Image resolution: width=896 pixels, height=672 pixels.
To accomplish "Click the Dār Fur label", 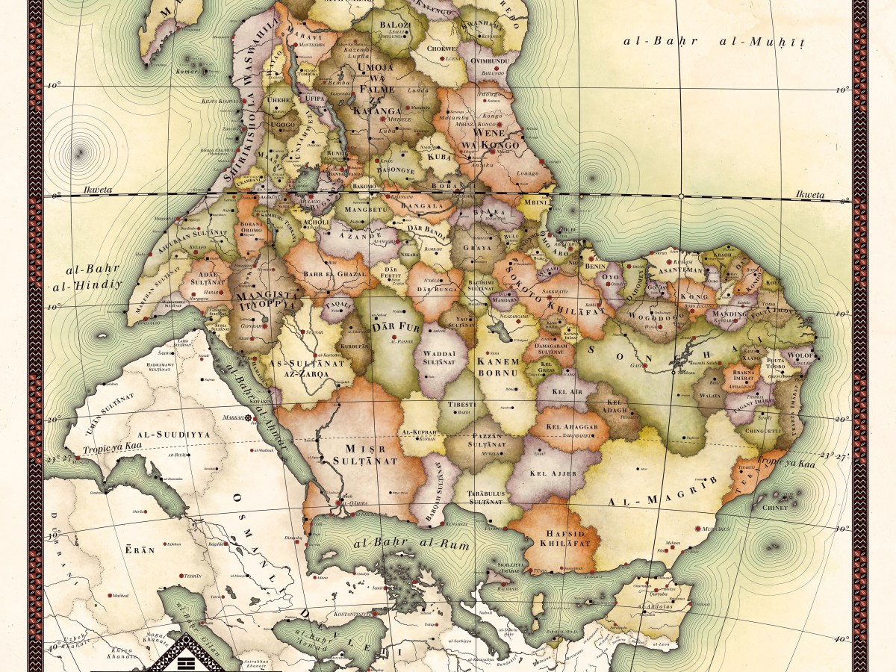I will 393,326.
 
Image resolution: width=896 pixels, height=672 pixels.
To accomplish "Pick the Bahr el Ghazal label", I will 335,274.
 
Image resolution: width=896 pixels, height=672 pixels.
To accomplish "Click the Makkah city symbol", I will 249,419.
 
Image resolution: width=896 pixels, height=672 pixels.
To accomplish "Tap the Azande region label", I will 353,234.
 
